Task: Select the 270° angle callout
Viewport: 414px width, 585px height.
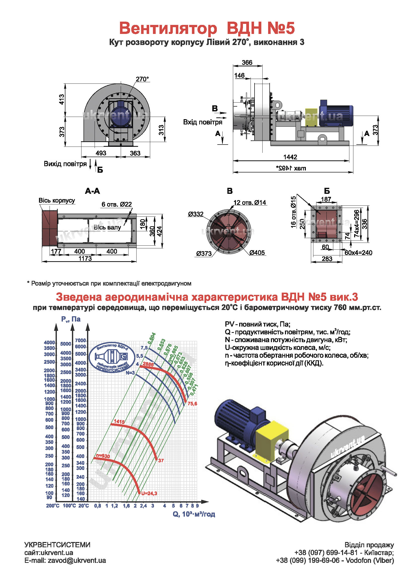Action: coord(142,79)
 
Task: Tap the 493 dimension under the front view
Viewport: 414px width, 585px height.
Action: coord(101,153)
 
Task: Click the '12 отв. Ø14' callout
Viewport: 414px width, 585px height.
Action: coord(250,203)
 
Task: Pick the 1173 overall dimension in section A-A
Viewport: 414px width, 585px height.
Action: coord(85,258)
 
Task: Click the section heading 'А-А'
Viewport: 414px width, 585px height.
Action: coord(92,191)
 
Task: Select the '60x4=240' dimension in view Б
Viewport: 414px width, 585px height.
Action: coord(358,253)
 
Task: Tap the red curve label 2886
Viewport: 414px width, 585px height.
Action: coord(148,364)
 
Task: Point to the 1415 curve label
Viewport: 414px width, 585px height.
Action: coord(119,421)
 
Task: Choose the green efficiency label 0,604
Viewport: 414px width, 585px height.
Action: coord(152,338)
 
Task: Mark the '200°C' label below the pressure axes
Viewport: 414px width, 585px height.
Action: coord(53,506)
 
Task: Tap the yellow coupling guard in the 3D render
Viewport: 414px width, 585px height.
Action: coord(272,438)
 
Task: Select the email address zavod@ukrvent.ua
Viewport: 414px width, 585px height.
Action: coord(77,560)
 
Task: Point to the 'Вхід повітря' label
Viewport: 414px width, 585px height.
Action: coord(203,122)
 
